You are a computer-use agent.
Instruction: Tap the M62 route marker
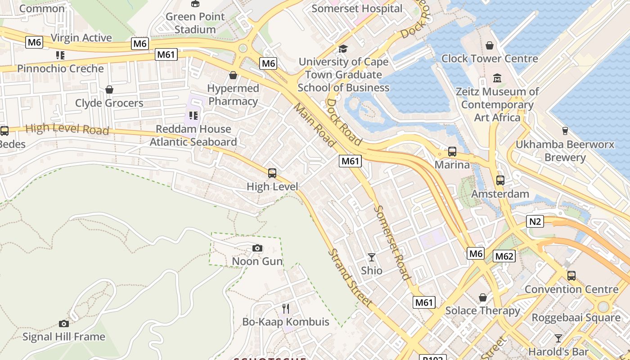[x=504, y=256]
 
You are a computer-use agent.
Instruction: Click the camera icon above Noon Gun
[x=257, y=248]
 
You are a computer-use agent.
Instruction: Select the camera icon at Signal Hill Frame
[x=64, y=324]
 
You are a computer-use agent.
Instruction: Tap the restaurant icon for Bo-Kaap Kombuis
[x=286, y=308]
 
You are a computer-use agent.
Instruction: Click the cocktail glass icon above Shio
[x=372, y=257]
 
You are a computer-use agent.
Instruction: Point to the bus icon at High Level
[x=272, y=173]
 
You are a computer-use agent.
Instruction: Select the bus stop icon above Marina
[x=452, y=152]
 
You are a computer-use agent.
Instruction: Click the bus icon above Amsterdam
[x=500, y=180]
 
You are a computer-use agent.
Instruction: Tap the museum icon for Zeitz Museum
[x=497, y=78]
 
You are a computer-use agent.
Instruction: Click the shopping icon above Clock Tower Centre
[x=490, y=45]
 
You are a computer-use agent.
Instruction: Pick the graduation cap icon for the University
[x=343, y=49]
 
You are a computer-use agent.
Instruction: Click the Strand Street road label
[x=350, y=278]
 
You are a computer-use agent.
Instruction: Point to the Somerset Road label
[x=392, y=243]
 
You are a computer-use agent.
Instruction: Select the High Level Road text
[x=67, y=129]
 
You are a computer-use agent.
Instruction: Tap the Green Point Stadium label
[x=195, y=23]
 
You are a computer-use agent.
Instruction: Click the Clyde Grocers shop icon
[x=109, y=90]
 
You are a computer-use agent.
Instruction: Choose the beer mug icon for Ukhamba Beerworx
[x=565, y=131]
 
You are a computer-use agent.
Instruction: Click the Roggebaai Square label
[x=576, y=318]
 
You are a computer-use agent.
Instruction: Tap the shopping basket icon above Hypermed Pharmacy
[x=233, y=75]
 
